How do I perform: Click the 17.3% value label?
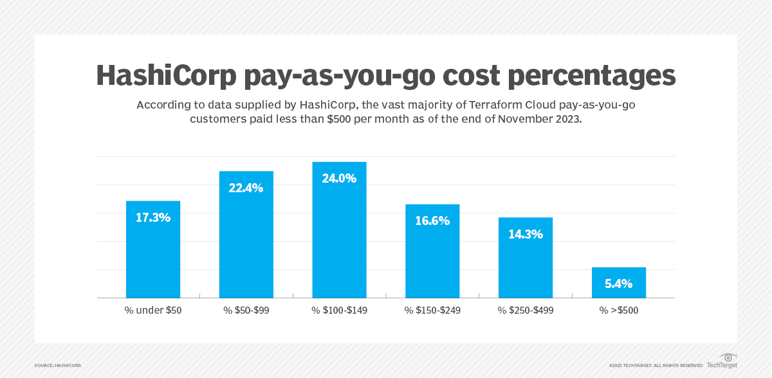153,217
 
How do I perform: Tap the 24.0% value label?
339,179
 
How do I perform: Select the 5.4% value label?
619,283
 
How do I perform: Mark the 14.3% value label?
526,235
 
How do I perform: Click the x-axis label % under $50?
153,310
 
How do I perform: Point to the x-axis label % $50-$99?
246,310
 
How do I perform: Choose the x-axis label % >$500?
619,310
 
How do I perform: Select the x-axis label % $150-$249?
432,310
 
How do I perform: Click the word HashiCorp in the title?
167,75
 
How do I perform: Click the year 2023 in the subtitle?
566,120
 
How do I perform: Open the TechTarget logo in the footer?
726,361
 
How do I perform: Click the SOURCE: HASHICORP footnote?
58,365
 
